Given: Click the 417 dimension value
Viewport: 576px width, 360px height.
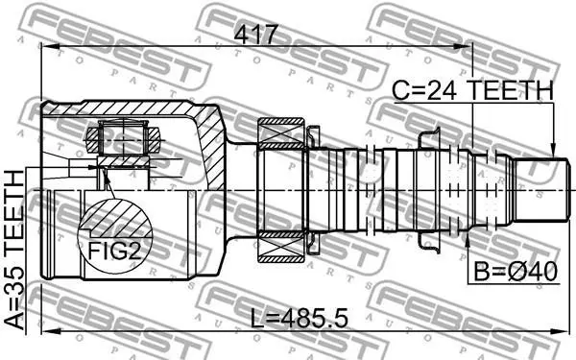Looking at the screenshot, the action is pos(254,35).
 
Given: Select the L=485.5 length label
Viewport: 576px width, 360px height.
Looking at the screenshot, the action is pos(299,318).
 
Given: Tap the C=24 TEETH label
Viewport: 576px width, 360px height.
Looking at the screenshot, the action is pos(472,90).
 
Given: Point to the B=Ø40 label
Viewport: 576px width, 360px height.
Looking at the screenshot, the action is pos(516,272).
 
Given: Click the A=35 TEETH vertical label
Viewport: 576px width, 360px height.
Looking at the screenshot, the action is pos(14,250).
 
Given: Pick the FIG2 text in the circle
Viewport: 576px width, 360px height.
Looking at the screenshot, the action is pos(114,252).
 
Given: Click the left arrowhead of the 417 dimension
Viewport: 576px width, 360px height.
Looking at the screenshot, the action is pos(50,47).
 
